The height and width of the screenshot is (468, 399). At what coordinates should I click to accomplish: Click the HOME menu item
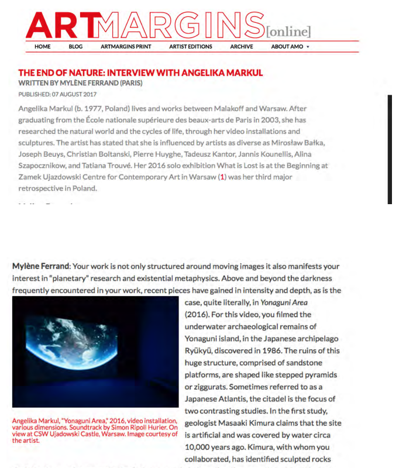43,47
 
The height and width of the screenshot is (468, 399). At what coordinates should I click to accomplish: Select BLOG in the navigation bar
75,47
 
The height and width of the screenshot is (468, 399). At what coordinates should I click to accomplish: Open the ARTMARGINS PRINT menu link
126,47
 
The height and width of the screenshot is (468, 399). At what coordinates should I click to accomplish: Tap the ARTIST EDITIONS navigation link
191,47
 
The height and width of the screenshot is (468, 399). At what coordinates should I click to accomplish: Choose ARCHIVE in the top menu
242,47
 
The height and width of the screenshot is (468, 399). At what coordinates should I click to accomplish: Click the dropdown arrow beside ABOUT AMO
308,47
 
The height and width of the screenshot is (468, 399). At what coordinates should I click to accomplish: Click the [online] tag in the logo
289,32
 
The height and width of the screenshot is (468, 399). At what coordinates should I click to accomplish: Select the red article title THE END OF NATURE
140,73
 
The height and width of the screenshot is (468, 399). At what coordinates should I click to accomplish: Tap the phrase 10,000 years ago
212,448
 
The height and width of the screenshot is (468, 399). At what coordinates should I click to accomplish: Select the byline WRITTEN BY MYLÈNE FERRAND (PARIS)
80,83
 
